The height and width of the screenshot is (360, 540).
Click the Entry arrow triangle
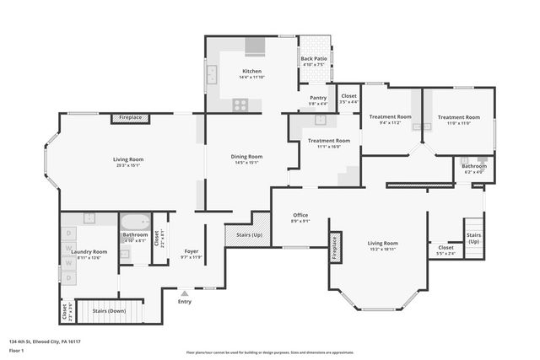coord(185,292)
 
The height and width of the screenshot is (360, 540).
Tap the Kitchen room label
coord(251,71)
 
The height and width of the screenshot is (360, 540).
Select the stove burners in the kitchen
coord(240,105)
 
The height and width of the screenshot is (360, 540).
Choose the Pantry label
coord(318,98)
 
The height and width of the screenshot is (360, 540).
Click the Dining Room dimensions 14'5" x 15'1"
coord(247,162)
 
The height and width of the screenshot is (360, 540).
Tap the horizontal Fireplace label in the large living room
coord(131,117)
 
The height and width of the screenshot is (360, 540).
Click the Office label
coord(300,215)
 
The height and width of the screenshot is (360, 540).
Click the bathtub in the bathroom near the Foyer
coord(135,223)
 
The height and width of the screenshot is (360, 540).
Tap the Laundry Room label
coord(89,252)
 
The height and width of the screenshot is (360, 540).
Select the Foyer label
coord(192,251)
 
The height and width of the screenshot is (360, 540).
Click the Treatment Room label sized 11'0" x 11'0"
coord(458,117)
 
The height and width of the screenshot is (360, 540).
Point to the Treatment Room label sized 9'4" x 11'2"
coord(390,116)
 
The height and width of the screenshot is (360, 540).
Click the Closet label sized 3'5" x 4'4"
coord(348,98)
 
